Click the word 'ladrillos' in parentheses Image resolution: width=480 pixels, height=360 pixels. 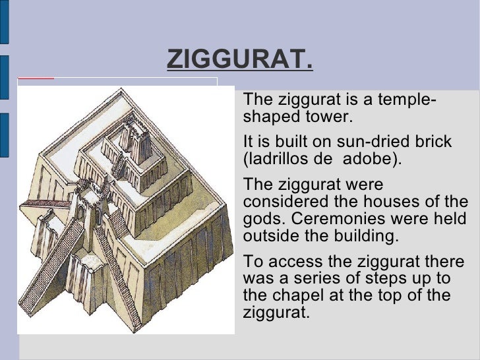coord(278,160)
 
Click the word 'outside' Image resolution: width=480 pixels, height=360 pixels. coord(267,236)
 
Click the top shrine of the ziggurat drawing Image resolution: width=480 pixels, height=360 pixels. coord(142,142)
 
